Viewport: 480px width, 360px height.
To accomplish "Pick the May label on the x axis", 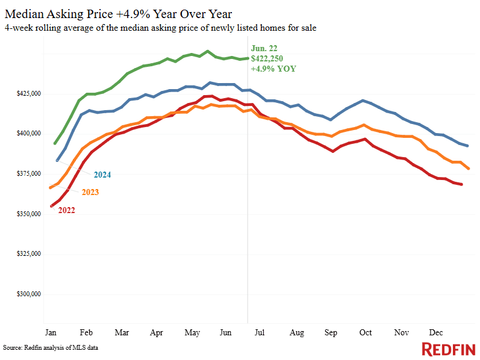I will coord(192,332).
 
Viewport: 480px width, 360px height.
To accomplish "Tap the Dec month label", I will coord(435,332).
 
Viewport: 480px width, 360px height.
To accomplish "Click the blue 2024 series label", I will coord(102,175).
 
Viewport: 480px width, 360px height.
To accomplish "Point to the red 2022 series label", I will coord(66,210).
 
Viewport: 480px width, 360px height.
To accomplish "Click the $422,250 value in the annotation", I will coord(266,58).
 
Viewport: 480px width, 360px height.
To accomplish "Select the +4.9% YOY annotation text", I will coord(273,69).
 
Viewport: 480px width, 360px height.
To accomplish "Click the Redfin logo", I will coord(448,349).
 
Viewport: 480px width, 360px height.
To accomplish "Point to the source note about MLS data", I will coord(51,348).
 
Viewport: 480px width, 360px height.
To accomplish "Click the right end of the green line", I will coord(248,58).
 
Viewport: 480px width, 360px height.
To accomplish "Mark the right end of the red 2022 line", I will coord(462,184).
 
